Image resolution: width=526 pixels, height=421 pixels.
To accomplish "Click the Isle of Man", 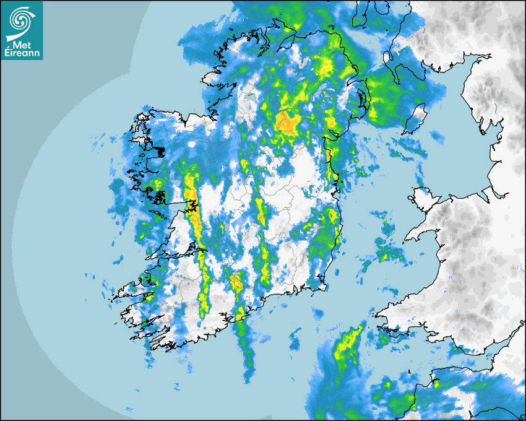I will (x=416, y=120).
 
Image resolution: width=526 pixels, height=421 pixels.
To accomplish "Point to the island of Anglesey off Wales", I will (x=425, y=197).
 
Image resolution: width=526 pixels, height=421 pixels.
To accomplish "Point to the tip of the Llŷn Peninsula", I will (x=408, y=237).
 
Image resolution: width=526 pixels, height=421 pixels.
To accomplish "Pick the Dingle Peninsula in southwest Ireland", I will (x=127, y=290).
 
